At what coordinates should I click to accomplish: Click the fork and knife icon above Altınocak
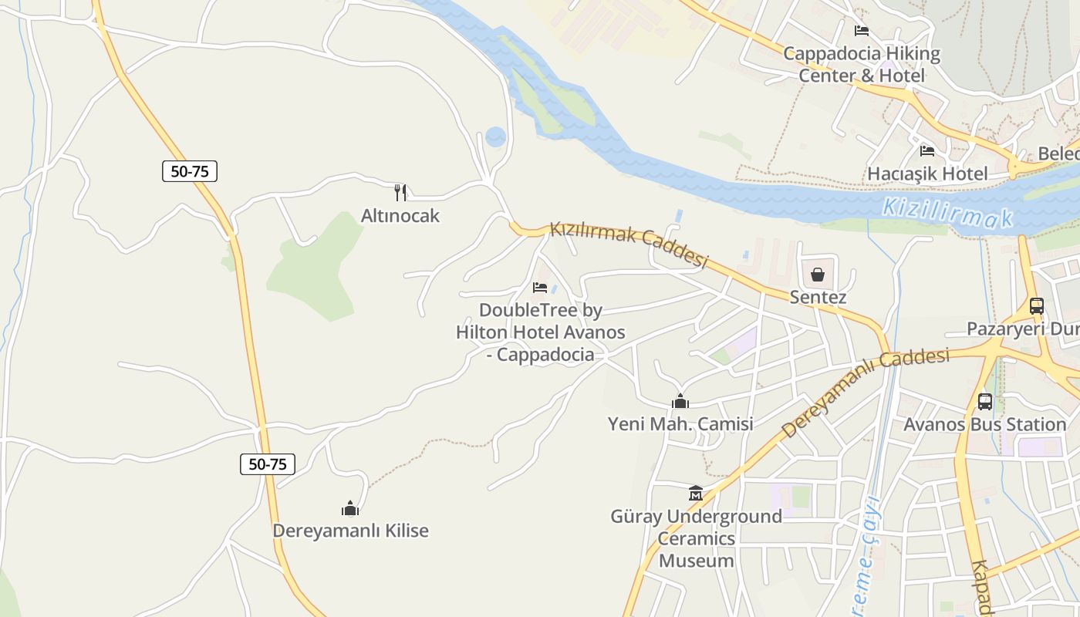400,192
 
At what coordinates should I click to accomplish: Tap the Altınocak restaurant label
400,215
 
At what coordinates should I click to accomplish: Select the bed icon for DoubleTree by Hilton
540,288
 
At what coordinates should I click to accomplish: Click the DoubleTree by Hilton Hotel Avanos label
540,332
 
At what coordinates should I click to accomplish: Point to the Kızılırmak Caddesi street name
628,245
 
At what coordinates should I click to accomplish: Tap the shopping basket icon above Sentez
818,275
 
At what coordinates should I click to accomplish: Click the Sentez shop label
818,298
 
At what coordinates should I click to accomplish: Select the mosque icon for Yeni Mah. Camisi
680,401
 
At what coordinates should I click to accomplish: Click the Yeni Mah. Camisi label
680,424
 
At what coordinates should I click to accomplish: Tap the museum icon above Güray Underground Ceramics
695,493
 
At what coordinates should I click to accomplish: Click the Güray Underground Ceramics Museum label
695,538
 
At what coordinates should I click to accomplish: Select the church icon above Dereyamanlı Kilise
350,508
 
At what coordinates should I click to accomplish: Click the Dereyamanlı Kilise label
350,531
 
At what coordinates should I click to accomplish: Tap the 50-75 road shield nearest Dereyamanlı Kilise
267,464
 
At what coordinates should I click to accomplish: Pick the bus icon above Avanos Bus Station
985,401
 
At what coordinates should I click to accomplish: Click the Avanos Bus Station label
985,424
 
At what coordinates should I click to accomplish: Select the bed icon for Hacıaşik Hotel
927,150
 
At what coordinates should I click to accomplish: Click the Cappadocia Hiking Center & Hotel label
862,65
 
